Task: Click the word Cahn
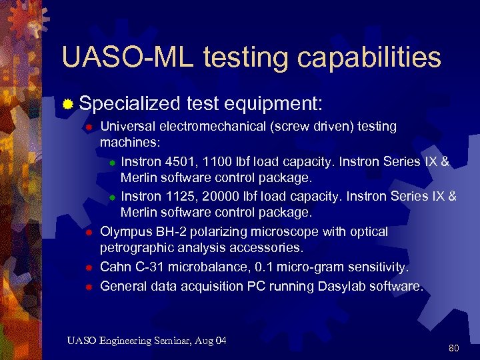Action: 114,267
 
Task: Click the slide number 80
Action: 454,348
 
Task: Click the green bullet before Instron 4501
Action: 113,162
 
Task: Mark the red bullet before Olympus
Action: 87,233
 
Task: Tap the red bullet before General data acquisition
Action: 87,287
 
